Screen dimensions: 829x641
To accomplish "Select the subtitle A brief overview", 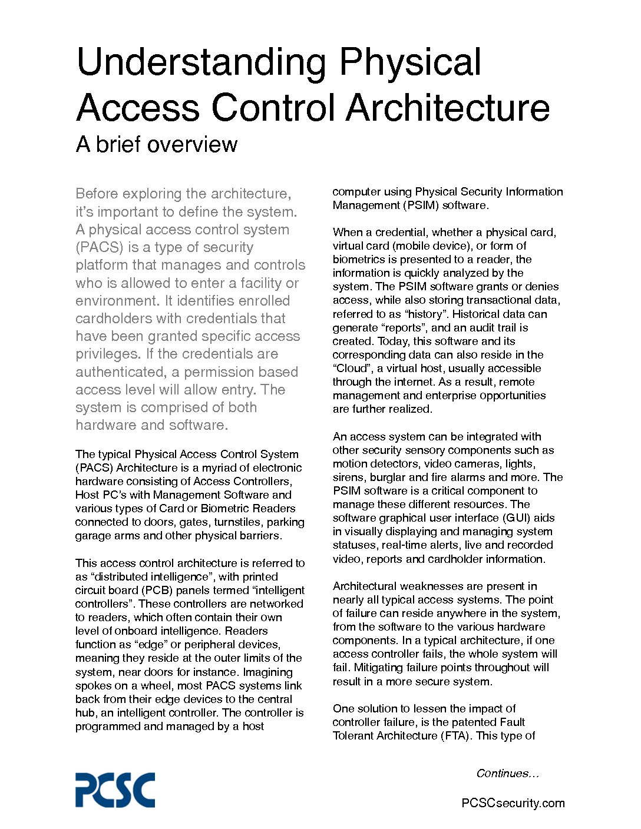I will (x=157, y=144).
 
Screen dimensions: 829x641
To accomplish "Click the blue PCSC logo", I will (x=115, y=790).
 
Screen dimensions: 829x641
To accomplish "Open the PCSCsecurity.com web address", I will (x=513, y=803).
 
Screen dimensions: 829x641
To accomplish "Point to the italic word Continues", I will (x=507, y=774).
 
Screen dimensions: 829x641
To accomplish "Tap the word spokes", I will (x=92, y=686).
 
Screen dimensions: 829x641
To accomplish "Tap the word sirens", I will (x=348, y=477).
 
